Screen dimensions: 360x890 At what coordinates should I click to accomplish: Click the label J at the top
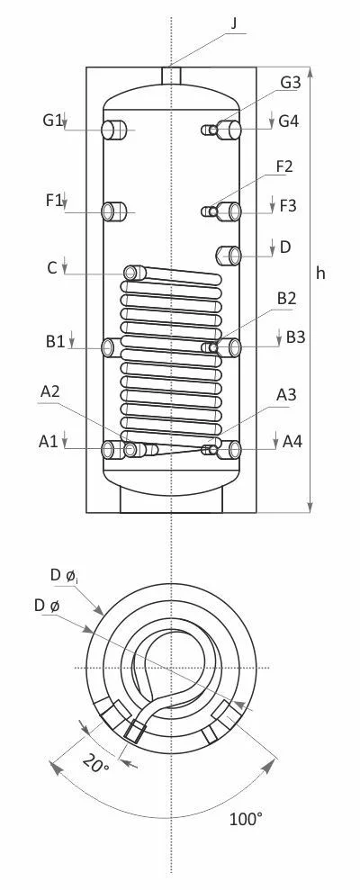[235, 23]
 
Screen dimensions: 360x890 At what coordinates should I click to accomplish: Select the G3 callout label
[290, 82]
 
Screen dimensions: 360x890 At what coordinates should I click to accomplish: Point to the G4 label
[289, 121]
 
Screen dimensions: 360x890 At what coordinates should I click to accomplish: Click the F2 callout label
[285, 166]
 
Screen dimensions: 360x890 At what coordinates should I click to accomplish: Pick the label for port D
[285, 247]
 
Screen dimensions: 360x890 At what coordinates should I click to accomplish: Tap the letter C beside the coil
[52, 267]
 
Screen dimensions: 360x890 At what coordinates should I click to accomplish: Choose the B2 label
[287, 299]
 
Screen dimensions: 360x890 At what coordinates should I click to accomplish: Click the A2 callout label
[50, 391]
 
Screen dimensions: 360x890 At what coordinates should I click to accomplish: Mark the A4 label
[292, 441]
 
